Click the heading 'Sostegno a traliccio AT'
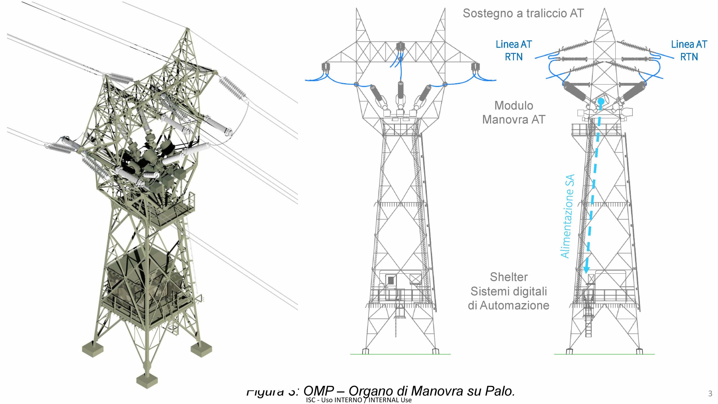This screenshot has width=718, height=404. (x=523, y=13)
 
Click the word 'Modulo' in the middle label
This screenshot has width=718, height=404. (x=514, y=106)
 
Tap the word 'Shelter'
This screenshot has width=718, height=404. (x=508, y=277)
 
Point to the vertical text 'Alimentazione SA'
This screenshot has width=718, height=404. (x=568, y=216)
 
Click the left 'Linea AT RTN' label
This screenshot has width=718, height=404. (x=514, y=50)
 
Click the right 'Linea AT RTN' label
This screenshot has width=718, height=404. (x=689, y=50)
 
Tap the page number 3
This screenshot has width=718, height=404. (x=710, y=394)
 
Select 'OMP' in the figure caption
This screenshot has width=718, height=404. (x=319, y=391)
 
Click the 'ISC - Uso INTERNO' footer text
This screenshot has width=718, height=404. (x=334, y=400)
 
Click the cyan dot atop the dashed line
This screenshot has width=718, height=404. (x=601, y=101)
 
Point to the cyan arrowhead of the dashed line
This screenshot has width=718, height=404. (x=586, y=270)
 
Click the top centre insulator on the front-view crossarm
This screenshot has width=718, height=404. (x=400, y=47)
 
